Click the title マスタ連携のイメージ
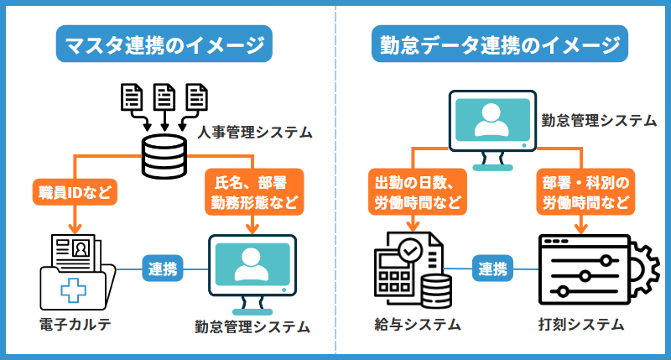(165, 44)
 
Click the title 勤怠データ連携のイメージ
(501, 44)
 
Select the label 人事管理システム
(255, 133)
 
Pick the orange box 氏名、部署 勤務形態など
(253, 191)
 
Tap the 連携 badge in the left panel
(163, 269)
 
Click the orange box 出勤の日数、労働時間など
(414, 191)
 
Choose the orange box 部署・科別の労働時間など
(581, 191)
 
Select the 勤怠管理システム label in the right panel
(598, 121)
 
